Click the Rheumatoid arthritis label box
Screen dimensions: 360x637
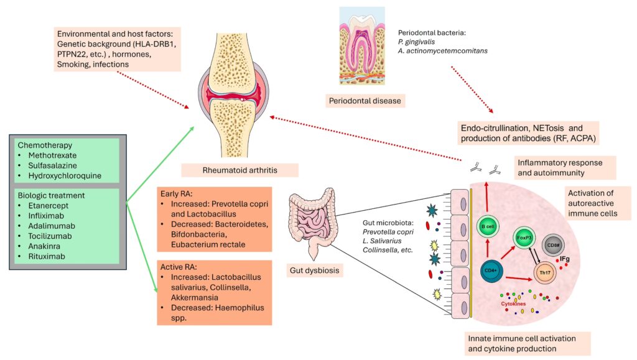(x=239, y=169)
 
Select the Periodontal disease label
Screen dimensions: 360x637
(x=365, y=99)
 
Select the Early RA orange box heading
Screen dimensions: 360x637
(x=179, y=192)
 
